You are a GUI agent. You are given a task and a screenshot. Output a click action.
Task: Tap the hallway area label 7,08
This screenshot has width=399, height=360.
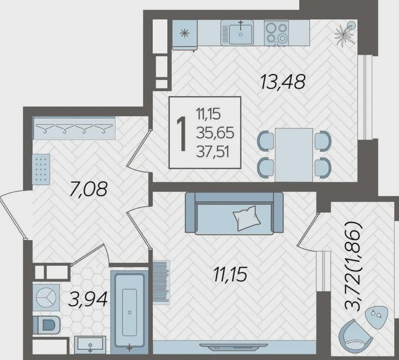pos(89,189)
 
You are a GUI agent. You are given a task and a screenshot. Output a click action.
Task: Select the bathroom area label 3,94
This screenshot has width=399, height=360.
pos(88,300)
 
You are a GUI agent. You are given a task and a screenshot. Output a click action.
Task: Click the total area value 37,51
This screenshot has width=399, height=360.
pos(213,152)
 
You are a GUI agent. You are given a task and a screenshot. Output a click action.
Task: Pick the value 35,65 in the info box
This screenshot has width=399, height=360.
pos(215,133)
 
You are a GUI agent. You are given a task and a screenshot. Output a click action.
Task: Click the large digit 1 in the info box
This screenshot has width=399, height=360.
pos(182,134)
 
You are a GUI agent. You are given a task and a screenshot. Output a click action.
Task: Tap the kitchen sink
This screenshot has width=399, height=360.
pos(237,33)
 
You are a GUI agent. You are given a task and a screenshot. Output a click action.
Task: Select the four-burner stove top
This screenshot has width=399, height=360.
pos(276,33)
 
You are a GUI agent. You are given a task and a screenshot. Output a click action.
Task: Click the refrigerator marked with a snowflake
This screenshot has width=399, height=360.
pos(185,35)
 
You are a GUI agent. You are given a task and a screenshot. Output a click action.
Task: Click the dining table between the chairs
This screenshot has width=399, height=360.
pos(294,155)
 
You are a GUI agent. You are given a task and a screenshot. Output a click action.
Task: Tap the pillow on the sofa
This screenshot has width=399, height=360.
pos(246,218)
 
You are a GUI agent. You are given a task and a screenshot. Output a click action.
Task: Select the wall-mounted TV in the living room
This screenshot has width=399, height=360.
pos(234,345)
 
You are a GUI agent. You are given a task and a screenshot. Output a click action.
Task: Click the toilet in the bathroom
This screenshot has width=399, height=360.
pos(46,325)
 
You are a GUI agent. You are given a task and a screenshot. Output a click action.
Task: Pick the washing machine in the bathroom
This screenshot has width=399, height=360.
pos(46,297)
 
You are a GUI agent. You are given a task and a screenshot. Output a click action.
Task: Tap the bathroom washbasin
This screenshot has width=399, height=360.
pos(90,345)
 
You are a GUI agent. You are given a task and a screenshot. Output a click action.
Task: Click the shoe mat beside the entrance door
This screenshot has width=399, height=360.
pos(41,169)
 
